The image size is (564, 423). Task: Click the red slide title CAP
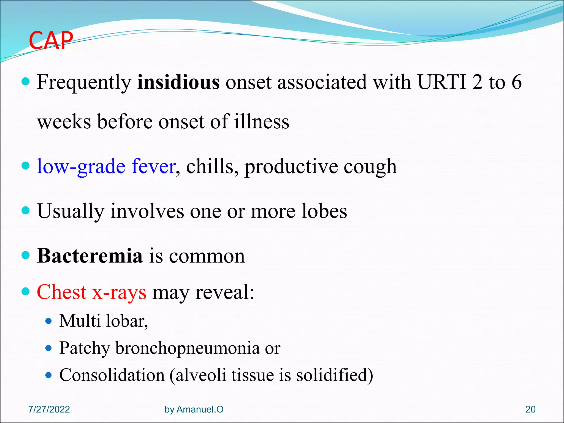51,41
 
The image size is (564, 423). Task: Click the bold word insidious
178,82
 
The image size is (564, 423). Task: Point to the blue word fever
153,166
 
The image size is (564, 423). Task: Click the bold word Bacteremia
90,256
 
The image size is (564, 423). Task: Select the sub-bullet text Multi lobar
104,321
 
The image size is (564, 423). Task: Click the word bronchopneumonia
187,348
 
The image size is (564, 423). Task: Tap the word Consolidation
112,375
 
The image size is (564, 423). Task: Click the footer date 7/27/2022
49,409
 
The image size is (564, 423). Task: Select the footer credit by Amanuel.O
194,409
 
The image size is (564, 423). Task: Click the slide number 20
530,409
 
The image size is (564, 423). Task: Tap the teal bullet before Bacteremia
25,255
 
